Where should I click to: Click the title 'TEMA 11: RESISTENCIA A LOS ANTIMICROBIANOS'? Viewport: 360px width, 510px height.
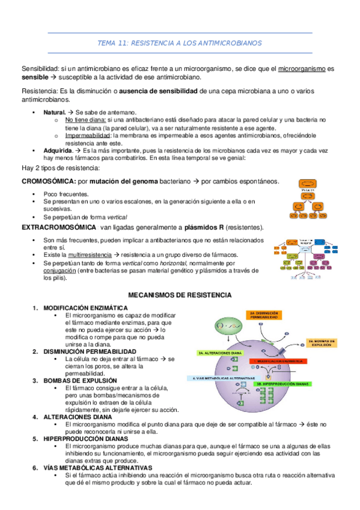180,44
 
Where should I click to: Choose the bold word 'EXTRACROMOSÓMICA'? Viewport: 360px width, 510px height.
58,227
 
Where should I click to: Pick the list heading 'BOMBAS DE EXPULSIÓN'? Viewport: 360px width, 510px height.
73,380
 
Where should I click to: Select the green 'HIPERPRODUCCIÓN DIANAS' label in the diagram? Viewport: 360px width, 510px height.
282,382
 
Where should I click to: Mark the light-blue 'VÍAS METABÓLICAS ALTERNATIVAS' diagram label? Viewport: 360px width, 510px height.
219,378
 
